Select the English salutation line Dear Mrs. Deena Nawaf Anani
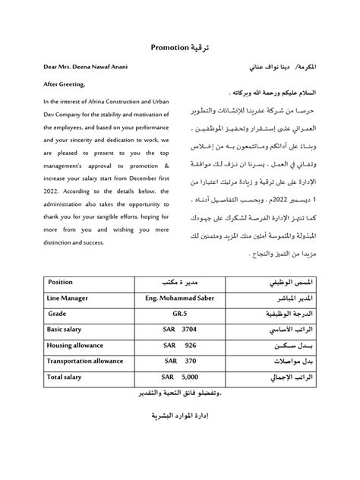tap(85, 67)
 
